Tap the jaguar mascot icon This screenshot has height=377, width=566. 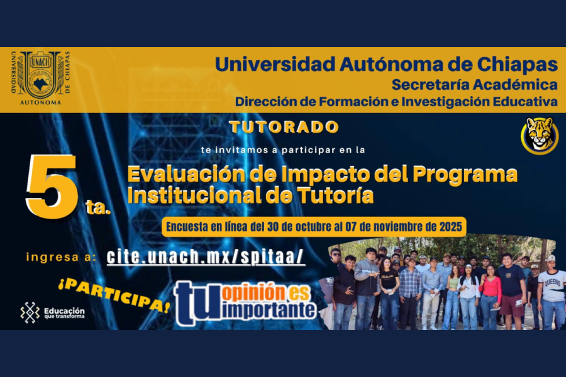pos(539,135)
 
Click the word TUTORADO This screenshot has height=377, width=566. pos(284,127)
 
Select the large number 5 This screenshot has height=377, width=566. pos(52,185)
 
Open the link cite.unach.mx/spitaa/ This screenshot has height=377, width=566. pos(206,256)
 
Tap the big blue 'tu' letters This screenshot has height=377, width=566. pos(197,303)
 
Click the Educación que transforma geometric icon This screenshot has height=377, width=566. pos(30,312)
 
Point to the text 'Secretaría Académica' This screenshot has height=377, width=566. pos(474,84)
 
